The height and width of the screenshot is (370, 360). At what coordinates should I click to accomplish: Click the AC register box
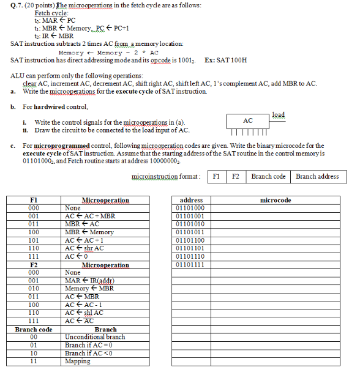pos(248,121)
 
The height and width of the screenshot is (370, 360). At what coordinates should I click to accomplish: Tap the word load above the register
pos(278,114)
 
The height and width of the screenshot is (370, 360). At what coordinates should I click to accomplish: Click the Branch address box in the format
pos(317,176)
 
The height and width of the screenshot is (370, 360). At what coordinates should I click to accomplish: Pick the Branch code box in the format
pos(268,176)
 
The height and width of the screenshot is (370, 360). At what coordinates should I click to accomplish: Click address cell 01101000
pos(190,208)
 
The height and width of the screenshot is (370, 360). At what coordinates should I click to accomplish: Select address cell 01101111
pos(190,265)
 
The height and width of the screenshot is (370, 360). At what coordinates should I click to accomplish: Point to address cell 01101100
pos(190,240)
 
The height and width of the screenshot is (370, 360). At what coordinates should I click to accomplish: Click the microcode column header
pos(276,200)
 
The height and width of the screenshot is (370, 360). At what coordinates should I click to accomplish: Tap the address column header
pos(191,200)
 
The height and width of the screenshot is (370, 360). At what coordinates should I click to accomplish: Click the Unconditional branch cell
pos(95,337)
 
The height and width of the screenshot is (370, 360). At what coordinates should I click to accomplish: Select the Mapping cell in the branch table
pos(78,361)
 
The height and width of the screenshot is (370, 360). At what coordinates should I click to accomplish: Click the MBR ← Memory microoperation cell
pos(89,232)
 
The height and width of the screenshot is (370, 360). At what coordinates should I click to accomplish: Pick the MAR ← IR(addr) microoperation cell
pos(90,281)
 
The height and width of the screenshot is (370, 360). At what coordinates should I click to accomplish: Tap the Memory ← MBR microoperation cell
pos(89,289)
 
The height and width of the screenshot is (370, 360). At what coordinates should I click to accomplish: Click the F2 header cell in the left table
pos(34,265)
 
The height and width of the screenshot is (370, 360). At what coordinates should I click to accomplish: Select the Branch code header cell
pos(34,329)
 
